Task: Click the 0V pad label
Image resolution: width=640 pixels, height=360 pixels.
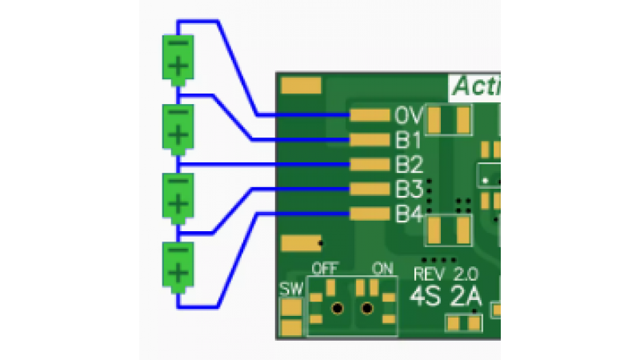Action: tap(408, 116)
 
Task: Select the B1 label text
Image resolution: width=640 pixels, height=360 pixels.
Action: tap(408, 141)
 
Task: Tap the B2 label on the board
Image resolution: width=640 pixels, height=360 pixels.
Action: tap(408, 165)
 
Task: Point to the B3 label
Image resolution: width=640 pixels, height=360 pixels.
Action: tap(408, 190)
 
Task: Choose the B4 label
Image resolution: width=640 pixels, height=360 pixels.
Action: tap(408, 214)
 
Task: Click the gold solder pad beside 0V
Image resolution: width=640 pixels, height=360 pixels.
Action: tap(368, 116)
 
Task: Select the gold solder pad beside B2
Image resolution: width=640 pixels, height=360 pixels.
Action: tap(368, 165)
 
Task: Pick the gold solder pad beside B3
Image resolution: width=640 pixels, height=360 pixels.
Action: tap(368, 190)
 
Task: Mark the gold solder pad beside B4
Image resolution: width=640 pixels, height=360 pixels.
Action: tap(368, 214)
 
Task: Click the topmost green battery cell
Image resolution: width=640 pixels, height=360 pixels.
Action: tap(178, 58)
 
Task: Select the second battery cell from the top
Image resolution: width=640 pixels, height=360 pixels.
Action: tap(178, 127)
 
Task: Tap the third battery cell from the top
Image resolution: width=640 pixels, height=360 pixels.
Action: tap(178, 196)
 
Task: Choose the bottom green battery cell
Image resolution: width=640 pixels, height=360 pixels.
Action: tap(178, 266)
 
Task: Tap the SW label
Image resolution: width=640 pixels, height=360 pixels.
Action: tap(291, 290)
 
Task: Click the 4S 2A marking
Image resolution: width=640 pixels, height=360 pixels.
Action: tap(445, 297)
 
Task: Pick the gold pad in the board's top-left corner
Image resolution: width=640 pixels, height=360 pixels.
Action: tap(302, 86)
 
